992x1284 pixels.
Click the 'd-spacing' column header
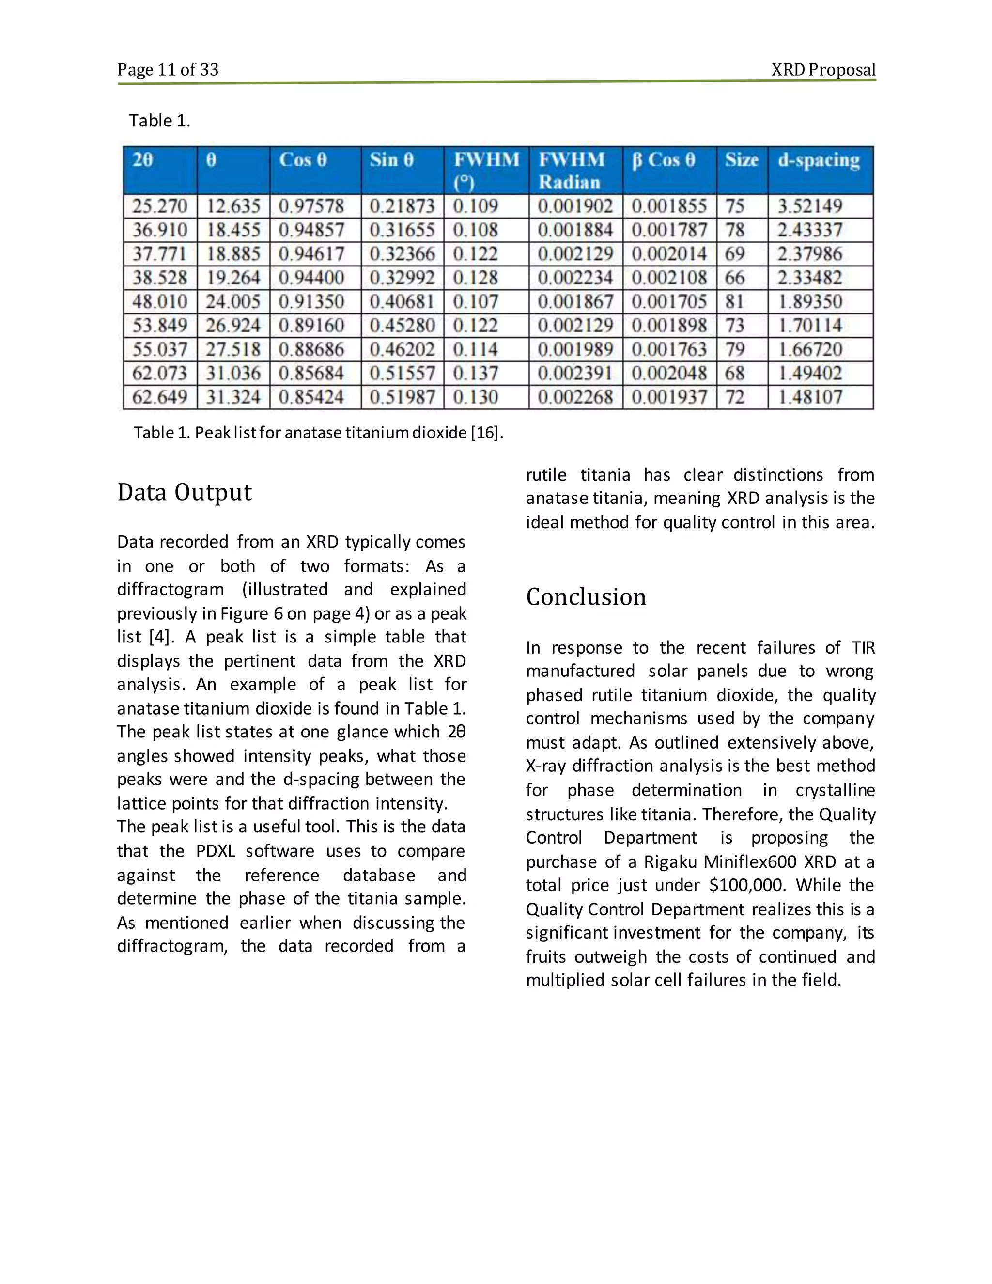819,160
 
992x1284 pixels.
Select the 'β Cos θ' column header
664,160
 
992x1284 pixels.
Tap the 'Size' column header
741,160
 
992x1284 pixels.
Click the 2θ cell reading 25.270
159,206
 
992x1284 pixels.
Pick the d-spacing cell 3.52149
810,206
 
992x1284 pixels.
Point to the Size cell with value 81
735,301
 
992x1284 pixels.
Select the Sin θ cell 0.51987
402,397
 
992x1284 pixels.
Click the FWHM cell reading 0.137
476,373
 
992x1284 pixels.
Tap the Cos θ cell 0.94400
311,278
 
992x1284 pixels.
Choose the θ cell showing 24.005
232,301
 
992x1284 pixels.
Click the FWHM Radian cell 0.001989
575,349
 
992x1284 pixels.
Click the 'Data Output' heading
185,492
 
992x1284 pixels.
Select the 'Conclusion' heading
586,597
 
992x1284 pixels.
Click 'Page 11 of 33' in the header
168,70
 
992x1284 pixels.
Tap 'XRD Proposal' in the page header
823,70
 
